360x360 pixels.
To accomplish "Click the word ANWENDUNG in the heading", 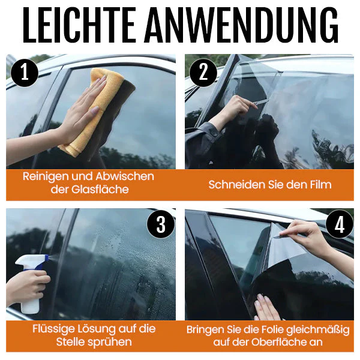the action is click(242, 25).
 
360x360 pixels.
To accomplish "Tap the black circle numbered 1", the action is click(25, 73).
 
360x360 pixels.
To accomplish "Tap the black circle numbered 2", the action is click(203, 73).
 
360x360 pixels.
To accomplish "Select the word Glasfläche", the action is click(100, 190).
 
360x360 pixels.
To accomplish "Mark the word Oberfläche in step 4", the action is click(280, 343).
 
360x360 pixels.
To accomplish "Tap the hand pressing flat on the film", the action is click(266, 307).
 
